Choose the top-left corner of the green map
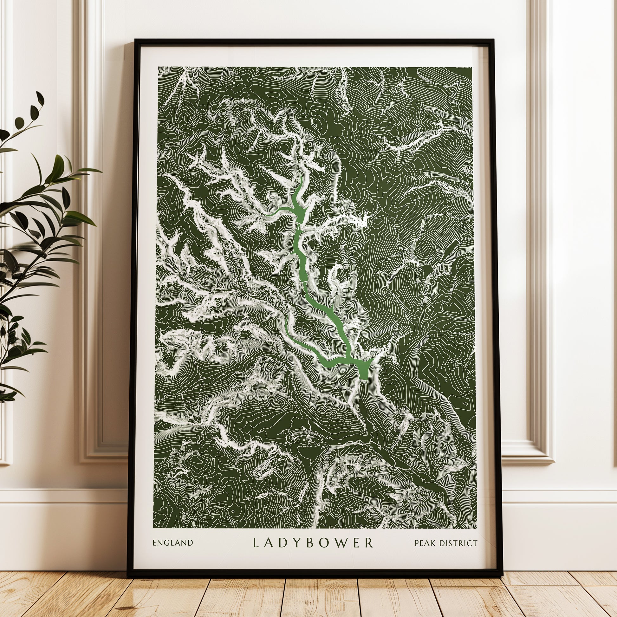point(159,68)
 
